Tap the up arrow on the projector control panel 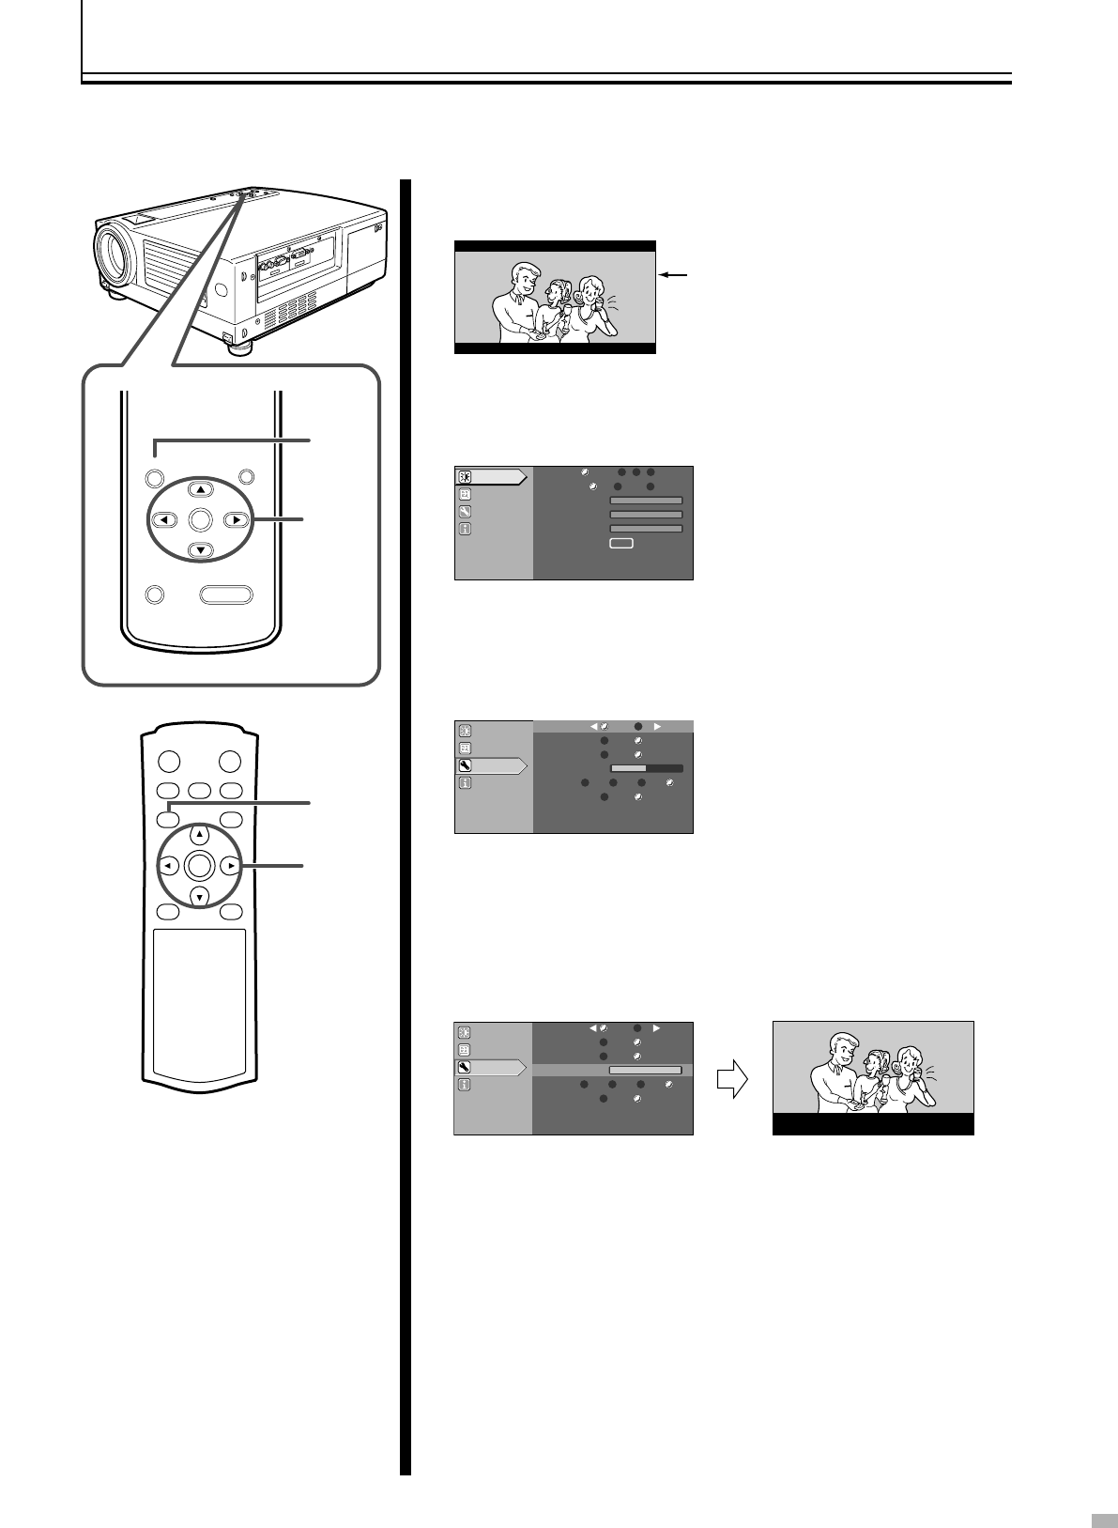pos(201,489)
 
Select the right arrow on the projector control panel pos(237,518)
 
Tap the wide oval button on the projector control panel pos(227,594)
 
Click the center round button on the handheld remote pos(199,866)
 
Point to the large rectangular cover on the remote pos(199,1003)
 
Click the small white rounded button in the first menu pos(621,543)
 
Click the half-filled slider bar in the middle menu pos(647,768)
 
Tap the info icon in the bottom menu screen pos(464,1085)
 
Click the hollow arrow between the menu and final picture pos(731,1081)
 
